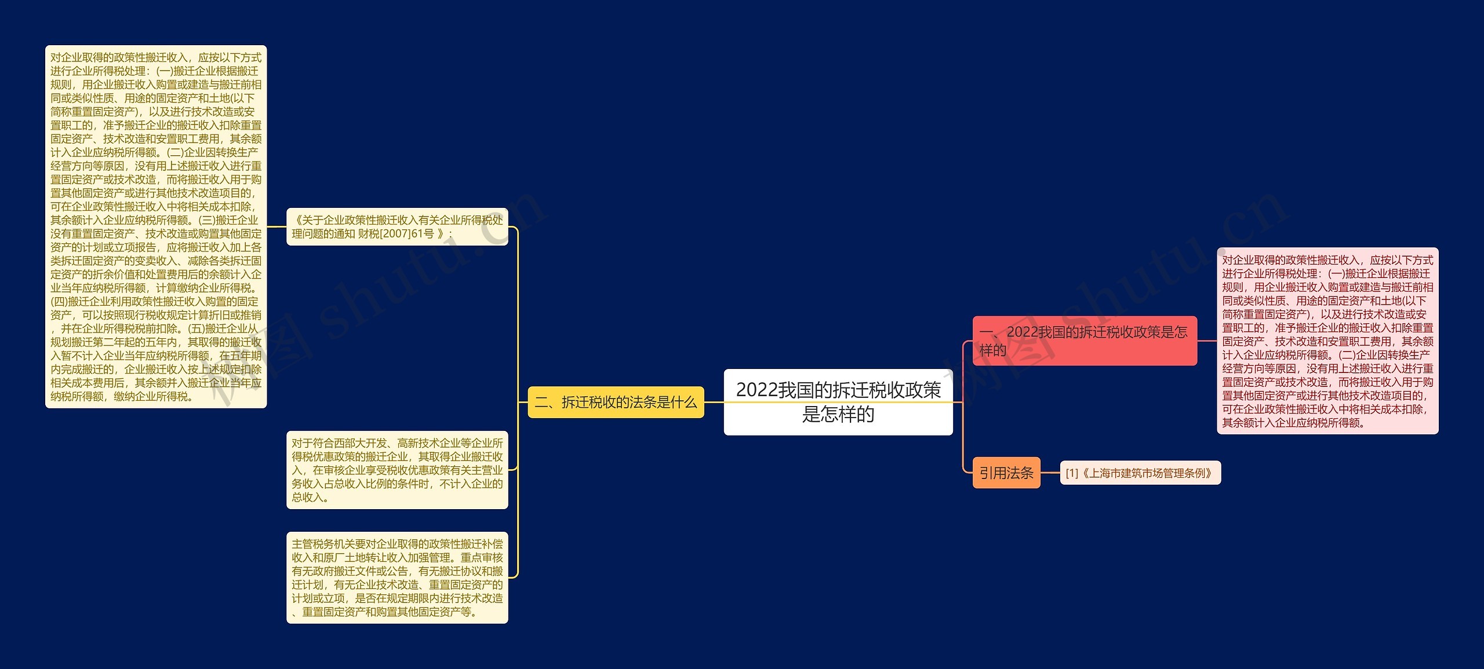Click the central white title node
click(x=838, y=402)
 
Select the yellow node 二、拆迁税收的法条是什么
click(x=616, y=402)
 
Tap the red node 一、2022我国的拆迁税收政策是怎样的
click(x=1084, y=341)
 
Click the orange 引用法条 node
click(x=1006, y=473)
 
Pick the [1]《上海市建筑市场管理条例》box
click(x=1140, y=473)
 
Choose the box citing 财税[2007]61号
click(x=397, y=226)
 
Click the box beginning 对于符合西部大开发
click(x=397, y=470)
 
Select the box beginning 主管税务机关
click(x=397, y=577)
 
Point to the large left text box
click(x=156, y=226)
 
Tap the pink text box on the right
click(x=1327, y=341)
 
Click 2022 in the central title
click(x=756, y=390)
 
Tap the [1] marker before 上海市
click(x=1072, y=473)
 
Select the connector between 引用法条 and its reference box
click(x=1050, y=473)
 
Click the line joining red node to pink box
click(x=1207, y=341)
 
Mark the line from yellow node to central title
click(x=714, y=402)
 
